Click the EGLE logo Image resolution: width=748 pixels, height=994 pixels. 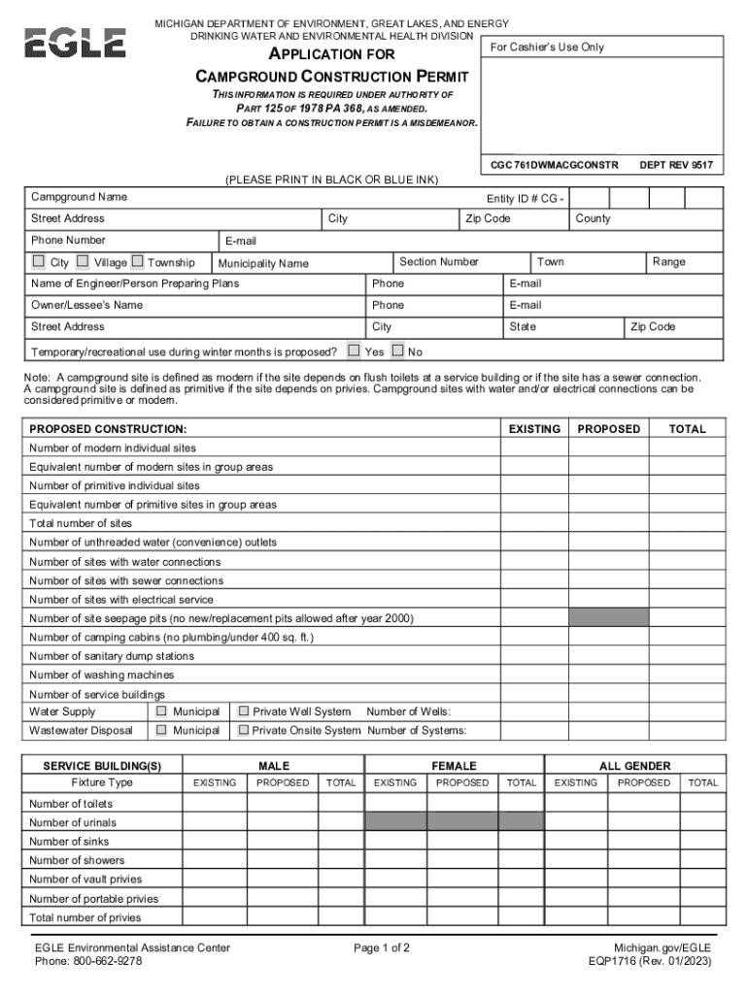[x=75, y=43]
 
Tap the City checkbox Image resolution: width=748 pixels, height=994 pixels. [x=38, y=261]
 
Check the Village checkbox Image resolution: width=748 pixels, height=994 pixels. [x=83, y=261]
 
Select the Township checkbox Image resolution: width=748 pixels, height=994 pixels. [x=137, y=261]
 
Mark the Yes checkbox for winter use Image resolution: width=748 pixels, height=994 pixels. [x=354, y=350]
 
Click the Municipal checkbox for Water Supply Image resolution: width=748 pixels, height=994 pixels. [x=162, y=712]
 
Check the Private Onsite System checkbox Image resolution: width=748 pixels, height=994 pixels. [x=244, y=730]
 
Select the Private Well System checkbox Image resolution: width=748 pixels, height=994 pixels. [x=244, y=712]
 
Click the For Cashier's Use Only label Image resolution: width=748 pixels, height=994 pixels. [x=547, y=47]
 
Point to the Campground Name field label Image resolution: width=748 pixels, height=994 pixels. [x=79, y=197]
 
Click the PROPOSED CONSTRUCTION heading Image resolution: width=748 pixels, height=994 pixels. [x=108, y=429]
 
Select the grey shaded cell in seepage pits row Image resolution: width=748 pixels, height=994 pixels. [x=608, y=618]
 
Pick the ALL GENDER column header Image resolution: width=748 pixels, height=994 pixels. [x=634, y=766]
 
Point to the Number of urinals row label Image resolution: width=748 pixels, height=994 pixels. [x=73, y=823]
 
